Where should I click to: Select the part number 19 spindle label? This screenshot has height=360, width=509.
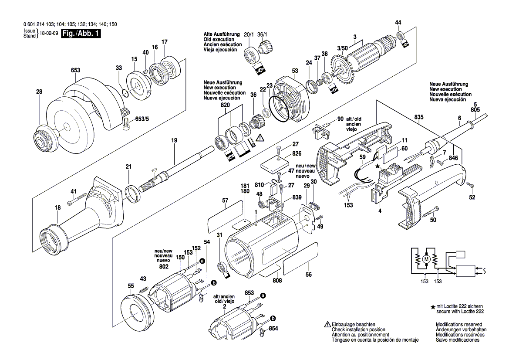[174, 140]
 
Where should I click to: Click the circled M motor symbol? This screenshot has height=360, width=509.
[426, 260]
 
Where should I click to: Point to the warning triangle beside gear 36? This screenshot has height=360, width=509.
[260, 138]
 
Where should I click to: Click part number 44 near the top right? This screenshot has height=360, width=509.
[398, 22]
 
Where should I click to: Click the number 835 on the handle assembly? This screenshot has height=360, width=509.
[419, 118]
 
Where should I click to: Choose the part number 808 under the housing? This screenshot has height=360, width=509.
[277, 281]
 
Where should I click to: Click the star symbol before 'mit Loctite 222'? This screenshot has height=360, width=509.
[432, 307]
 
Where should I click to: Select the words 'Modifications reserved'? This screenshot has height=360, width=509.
[459, 325]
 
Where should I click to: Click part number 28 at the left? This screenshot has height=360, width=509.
[39, 92]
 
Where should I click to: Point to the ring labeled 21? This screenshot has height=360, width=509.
[131, 192]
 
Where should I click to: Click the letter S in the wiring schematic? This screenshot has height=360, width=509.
[484, 272]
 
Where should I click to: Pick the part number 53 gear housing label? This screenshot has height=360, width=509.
[295, 71]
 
